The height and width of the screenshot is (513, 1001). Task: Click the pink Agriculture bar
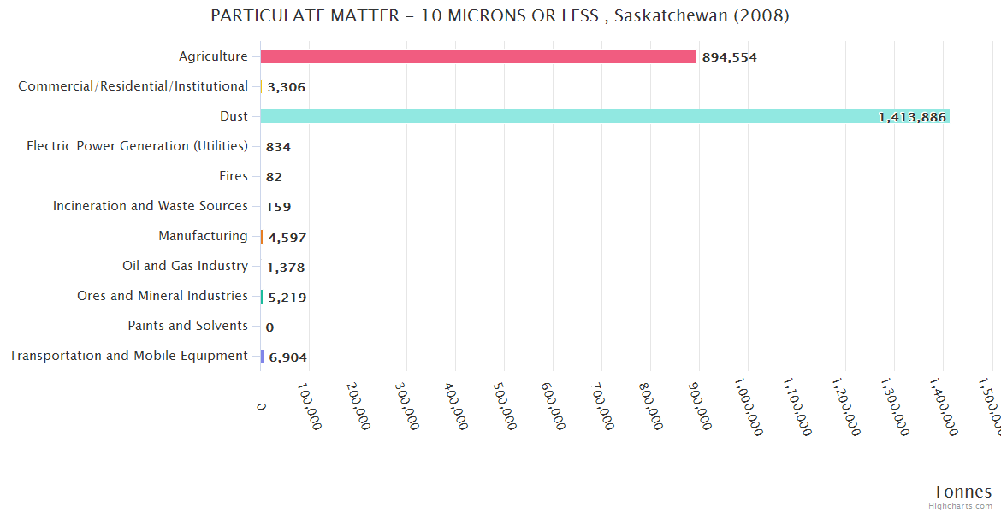[478, 56]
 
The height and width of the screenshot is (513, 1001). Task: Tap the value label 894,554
[729, 57]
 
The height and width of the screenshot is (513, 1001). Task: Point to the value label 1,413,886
[912, 117]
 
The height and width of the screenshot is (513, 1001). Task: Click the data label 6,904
[287, 357]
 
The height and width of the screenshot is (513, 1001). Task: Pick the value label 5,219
[287, 298]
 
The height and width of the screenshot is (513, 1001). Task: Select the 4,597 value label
[287, 238]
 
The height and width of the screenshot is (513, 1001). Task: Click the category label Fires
[234, 176]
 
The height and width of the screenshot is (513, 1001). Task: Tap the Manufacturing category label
[203, 236]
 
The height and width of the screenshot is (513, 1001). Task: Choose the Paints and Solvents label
[187, 326]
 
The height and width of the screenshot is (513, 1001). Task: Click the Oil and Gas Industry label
[185, 266]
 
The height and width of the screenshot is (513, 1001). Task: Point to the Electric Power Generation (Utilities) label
[137, 146]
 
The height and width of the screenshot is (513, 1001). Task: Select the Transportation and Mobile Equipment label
[128, 356]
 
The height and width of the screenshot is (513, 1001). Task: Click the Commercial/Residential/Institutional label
[133, 86]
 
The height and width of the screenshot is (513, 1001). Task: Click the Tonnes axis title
[962, 492]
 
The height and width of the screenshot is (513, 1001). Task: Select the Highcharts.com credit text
[960, 506]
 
